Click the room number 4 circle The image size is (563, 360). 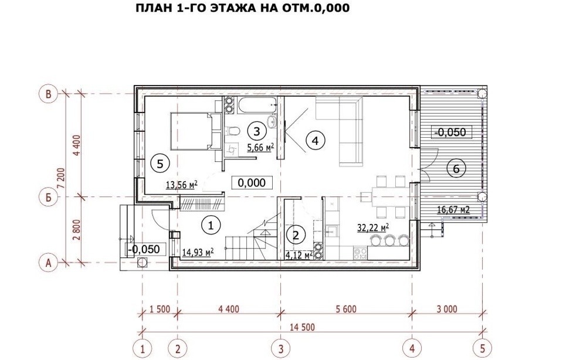316,140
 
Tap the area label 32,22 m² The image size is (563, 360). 374,227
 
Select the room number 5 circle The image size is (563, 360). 160,164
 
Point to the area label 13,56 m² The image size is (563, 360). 182,185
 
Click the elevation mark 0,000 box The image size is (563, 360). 252,183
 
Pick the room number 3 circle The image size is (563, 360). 256,131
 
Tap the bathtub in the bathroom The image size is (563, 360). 257,105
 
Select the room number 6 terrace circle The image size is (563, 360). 456,168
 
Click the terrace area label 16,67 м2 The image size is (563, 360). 453,210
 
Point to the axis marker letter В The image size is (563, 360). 49,94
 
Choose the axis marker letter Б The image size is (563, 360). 49,197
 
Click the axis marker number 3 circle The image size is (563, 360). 280,348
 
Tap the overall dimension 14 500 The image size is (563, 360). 303,327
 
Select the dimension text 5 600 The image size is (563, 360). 346,308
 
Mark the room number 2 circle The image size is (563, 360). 296,236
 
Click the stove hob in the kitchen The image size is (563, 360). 360,254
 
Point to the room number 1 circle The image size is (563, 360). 211,225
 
